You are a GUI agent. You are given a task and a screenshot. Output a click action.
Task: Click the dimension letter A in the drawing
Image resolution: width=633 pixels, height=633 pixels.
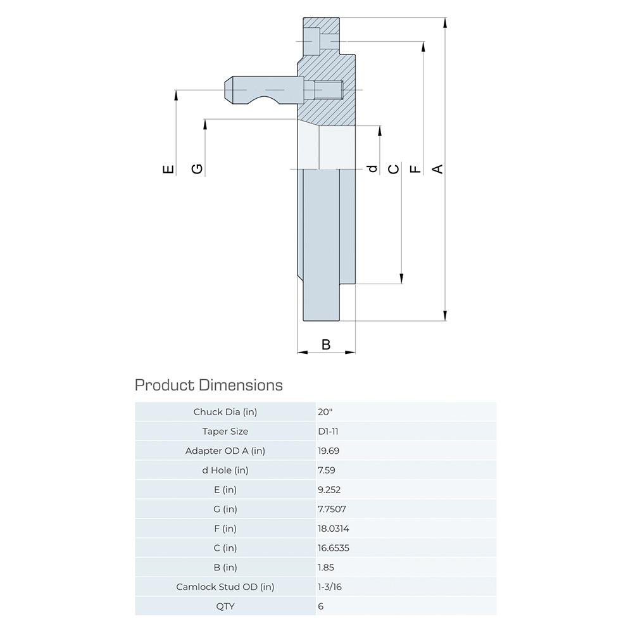437,169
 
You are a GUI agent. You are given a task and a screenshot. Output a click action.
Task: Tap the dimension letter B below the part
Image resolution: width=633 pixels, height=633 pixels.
326,344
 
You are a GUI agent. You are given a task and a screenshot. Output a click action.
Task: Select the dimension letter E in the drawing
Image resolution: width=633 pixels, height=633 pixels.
168,169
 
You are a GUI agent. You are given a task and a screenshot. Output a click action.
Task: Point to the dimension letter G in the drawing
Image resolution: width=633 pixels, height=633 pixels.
197,168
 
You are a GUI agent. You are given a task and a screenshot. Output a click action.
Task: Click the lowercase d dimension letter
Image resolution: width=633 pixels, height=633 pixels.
373,168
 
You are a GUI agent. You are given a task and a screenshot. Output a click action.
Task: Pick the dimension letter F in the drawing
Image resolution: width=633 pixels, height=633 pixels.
415,169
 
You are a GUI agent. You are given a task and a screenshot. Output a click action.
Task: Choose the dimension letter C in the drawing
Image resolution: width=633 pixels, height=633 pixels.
394,169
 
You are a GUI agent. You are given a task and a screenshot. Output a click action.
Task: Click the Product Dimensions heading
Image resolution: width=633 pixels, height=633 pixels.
209,385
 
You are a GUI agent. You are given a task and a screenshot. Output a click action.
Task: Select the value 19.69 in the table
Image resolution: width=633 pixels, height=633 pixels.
329,451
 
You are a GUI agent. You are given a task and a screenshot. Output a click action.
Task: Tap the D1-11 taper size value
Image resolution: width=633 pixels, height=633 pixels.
328,431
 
